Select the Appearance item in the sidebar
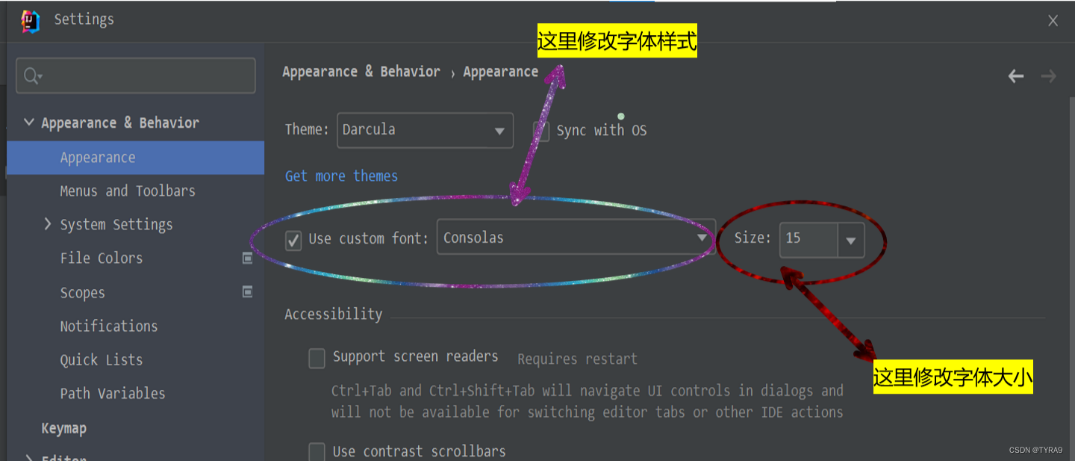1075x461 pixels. pos(98,158)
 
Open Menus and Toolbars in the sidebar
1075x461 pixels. pos(128,191)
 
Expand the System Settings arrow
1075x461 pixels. pos(49,224)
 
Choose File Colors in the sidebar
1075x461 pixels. pos(101,259)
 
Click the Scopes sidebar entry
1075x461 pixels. pos(82,293)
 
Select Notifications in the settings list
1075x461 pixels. pos(109,327)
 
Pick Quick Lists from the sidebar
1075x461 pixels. pos(101,360)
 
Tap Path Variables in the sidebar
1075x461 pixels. pos(113,394)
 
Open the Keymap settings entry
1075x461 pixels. pos(64,428)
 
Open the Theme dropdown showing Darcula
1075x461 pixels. pos(425,131)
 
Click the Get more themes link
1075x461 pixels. pos(341,176)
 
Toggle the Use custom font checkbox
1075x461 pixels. pos(294,240)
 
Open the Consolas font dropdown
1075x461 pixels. pos(575,238)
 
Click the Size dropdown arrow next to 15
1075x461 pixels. pos(850,241)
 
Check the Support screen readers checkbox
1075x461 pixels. pos(317,358)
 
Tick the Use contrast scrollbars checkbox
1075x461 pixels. pos(317,451)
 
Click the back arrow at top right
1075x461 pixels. pos(1016,76)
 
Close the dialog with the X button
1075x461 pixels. pos(1053,21)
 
